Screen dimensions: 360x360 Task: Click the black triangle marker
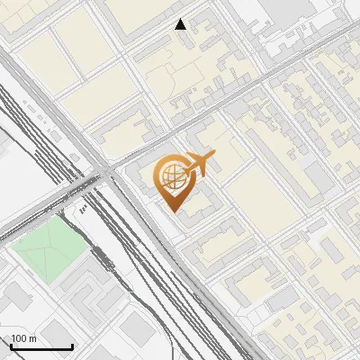point(181,24)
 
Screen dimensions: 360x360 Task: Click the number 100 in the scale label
point(18,338)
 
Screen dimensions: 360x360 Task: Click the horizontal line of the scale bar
point(40,347)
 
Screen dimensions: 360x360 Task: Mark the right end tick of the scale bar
point(73,346)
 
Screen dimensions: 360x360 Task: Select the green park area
point(45,249)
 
